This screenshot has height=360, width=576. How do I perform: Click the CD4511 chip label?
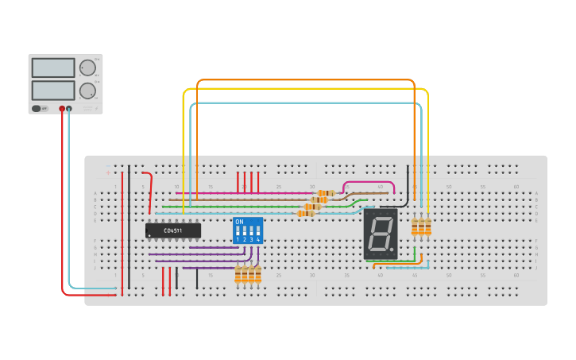[172, 230]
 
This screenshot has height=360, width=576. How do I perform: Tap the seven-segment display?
[381, 234]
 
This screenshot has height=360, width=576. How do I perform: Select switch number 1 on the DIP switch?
[238, 234]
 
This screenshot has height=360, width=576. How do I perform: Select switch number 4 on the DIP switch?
[258, 234]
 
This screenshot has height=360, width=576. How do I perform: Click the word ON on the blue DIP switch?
[239, 222]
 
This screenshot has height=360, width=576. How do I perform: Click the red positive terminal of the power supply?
[62, 108]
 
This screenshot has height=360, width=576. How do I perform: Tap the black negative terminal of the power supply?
[69, 108]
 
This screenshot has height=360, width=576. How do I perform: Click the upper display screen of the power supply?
[53, 68]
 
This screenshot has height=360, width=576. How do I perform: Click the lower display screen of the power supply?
[53, 90]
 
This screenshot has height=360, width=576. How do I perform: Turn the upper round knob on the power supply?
[87, 68]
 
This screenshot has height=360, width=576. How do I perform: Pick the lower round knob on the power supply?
[87, 90]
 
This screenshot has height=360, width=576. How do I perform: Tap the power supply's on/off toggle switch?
[37, 108]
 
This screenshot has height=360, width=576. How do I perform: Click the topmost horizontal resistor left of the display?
[326, 193]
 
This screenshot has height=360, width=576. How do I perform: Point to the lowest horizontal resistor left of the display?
[305, 213]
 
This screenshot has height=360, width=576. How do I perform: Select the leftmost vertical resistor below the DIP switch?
[238, 274]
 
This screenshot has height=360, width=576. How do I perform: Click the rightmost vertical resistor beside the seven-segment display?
[428, 228]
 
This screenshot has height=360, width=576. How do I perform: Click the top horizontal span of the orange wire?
[306, 80]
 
